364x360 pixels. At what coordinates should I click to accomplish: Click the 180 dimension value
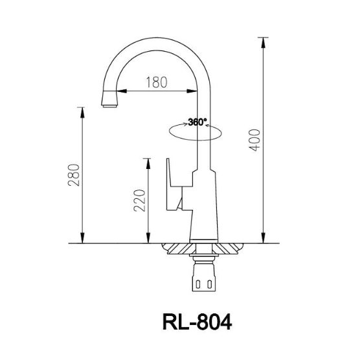(x=155, y=82)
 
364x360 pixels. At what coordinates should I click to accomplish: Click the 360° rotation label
(x=198, y=122)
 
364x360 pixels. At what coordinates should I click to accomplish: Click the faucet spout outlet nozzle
(x=109, y=102)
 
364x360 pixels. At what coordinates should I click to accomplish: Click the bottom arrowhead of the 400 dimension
(x=263, y=239)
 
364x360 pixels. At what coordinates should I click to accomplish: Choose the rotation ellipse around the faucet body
(x=194, y=131)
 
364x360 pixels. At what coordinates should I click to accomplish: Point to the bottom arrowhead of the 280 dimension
(x=82, y=239)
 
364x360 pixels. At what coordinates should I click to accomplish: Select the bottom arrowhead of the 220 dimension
(x=148, y=239)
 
